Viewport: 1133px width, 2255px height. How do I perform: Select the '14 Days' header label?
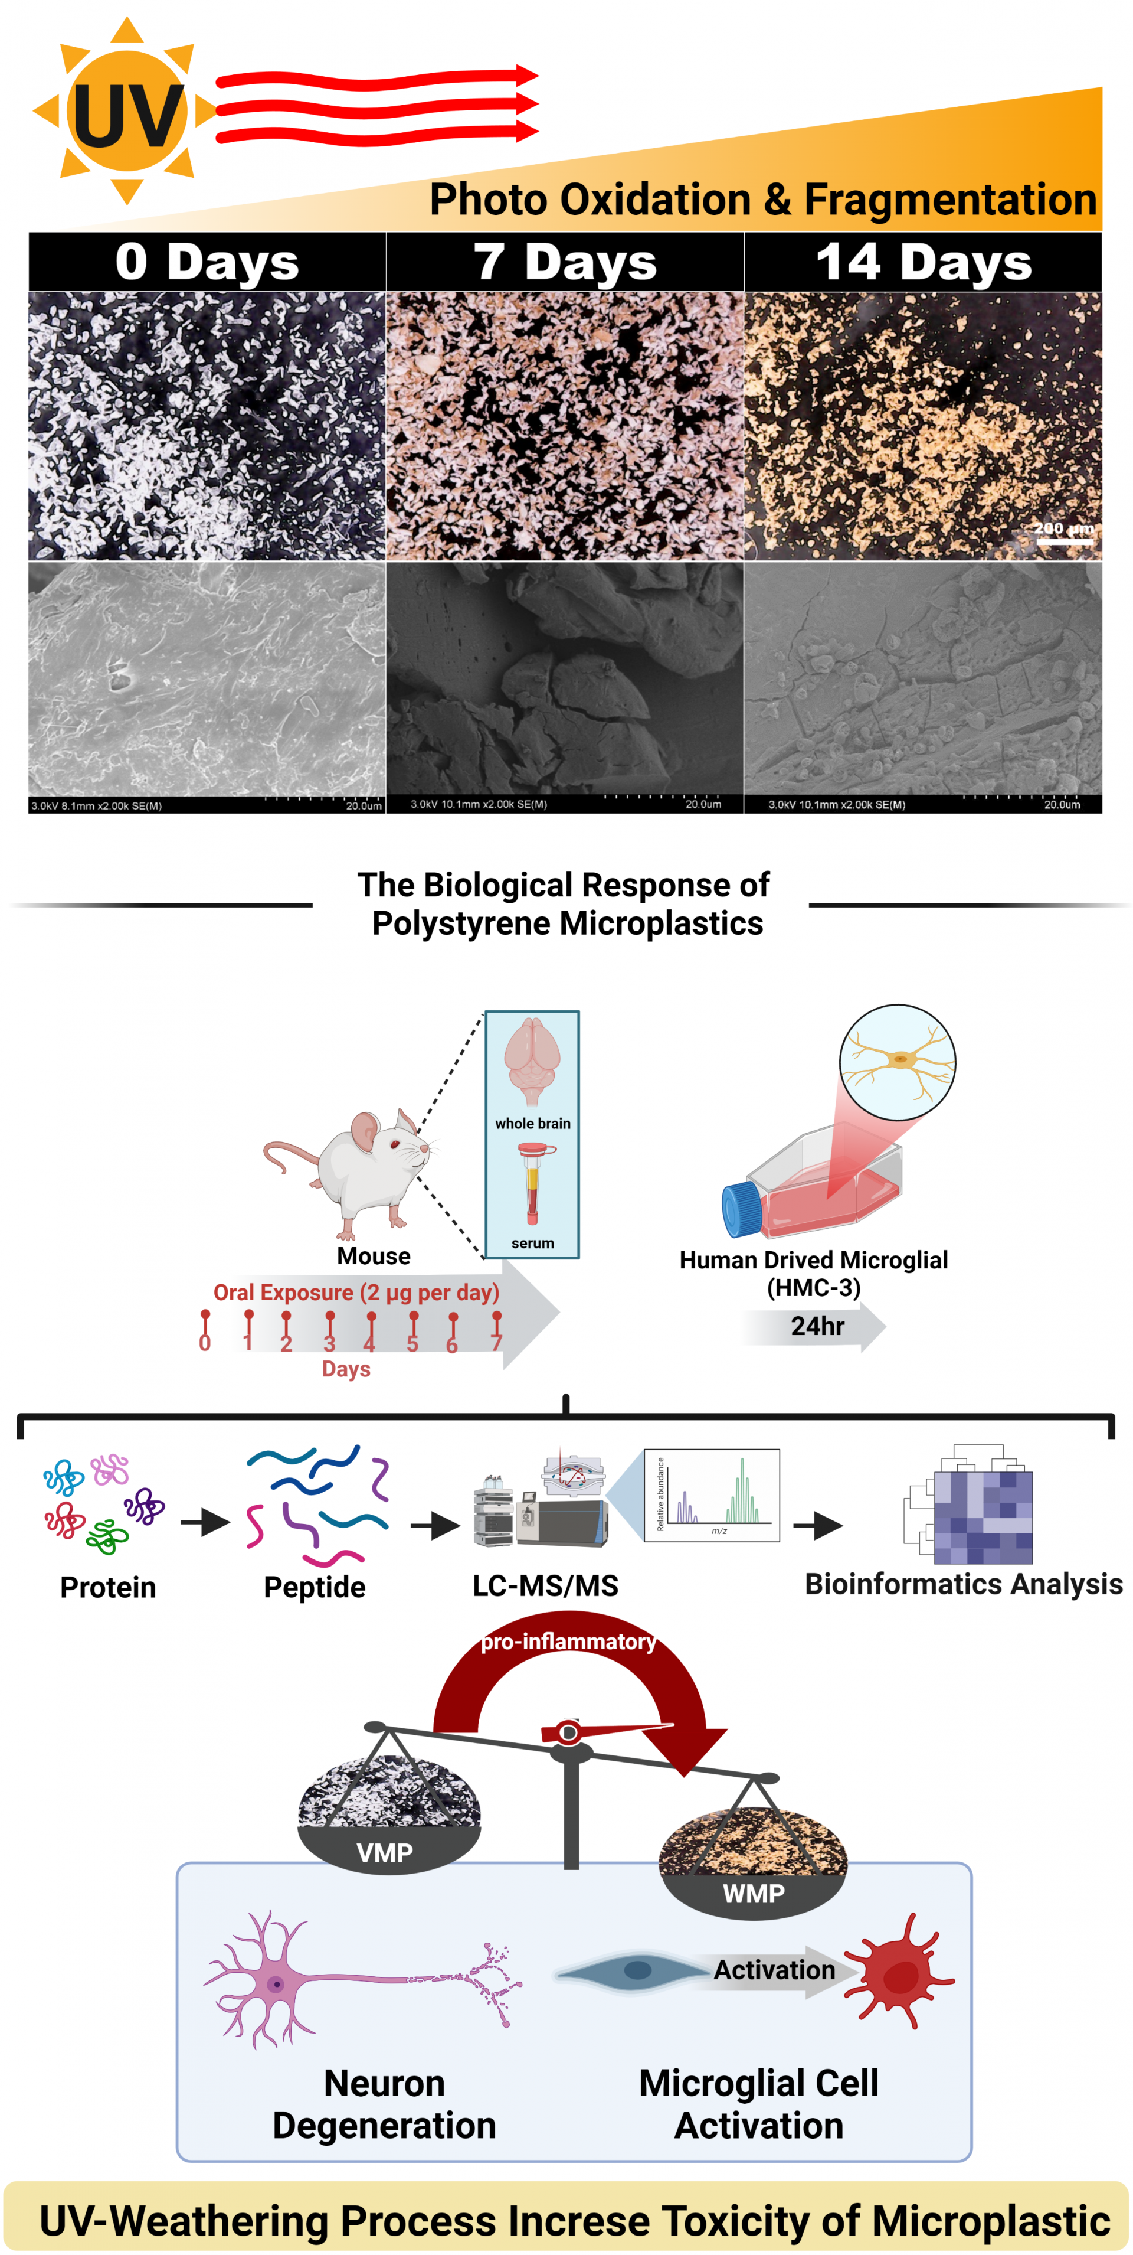click(x=923, y=262)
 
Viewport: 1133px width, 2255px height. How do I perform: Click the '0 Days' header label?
click(x=207, y=262)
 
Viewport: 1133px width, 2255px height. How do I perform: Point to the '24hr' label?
click(x=817, y=1326)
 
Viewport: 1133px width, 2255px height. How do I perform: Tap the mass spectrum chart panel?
click(x=711, y=1495)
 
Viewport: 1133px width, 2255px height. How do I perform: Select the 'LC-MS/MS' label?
click(x=545, y=1585)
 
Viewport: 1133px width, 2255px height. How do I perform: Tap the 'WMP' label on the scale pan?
click(x=754, y=1894)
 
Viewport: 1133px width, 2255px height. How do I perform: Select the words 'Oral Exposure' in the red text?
click(x=283, y=1293)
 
